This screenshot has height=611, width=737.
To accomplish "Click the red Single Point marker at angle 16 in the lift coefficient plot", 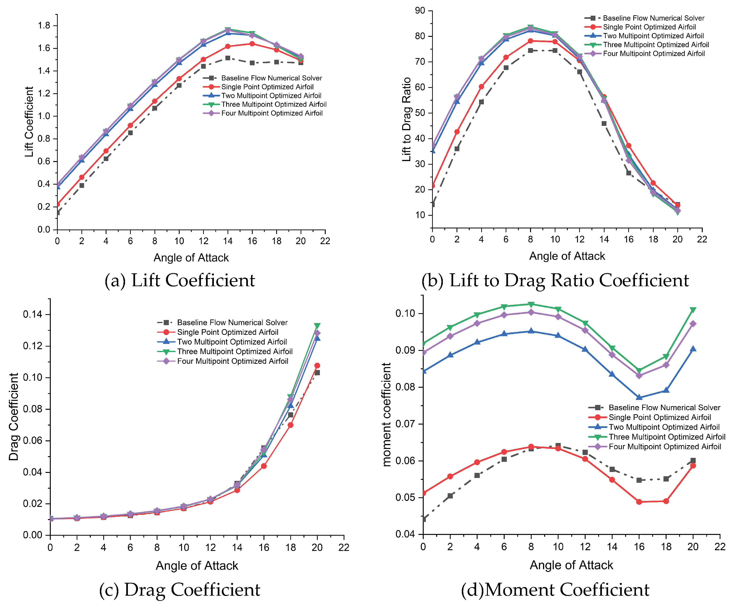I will (x=252, y=44).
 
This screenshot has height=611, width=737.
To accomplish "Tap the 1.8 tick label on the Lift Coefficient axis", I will (x=44, y=26).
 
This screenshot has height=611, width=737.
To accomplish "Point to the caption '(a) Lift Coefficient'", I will (x=180, y=280).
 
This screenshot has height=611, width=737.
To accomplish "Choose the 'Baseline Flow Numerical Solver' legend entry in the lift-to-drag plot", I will (x=653, y=18).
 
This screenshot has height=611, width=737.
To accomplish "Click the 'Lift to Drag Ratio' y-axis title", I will (x=406, y=119).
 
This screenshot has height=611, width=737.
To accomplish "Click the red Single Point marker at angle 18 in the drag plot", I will (x=291, y=425).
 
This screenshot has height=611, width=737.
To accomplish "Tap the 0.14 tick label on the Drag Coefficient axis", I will (x=33, y=314).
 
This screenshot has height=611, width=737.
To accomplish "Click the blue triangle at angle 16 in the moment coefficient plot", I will (x=639, y=397).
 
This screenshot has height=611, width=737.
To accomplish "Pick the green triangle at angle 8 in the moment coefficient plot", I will (x=531, y=304).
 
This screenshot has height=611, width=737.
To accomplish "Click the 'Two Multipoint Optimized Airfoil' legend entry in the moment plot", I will (x=664, y=427).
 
